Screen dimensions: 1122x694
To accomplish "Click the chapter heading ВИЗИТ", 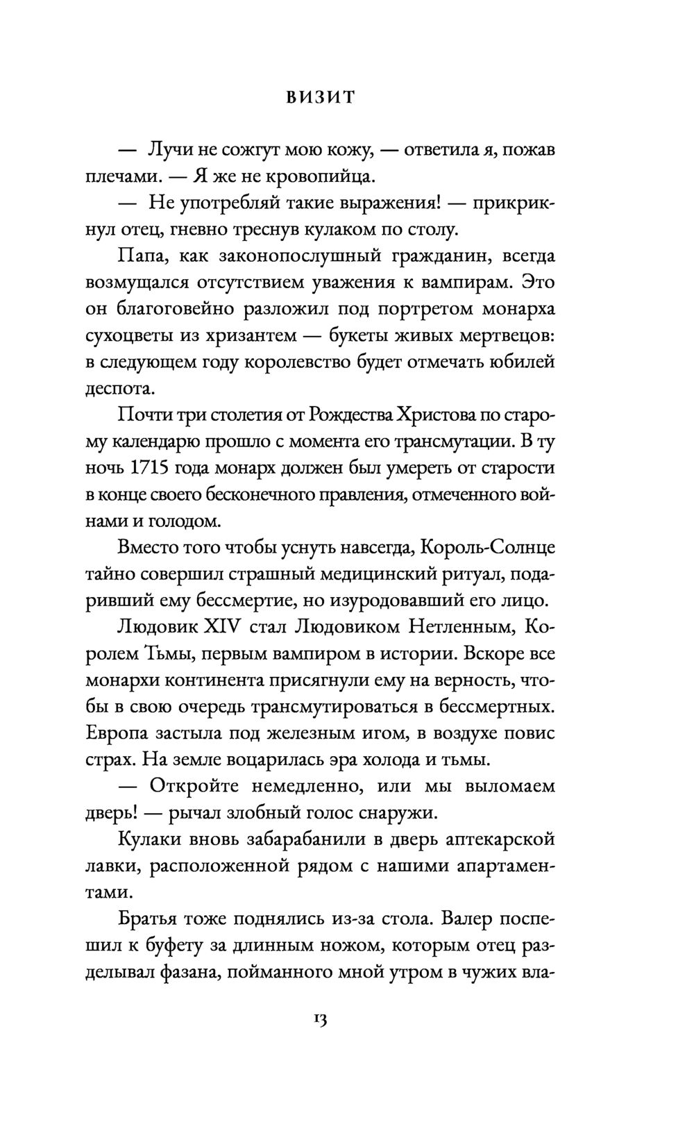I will [321, 98].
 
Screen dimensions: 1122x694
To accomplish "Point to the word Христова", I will [434, 415].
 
